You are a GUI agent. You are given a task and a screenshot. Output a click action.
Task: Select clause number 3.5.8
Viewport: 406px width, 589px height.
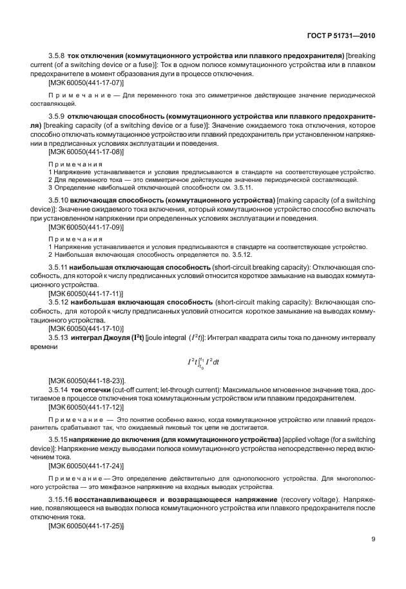click(x=59, y=57)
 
